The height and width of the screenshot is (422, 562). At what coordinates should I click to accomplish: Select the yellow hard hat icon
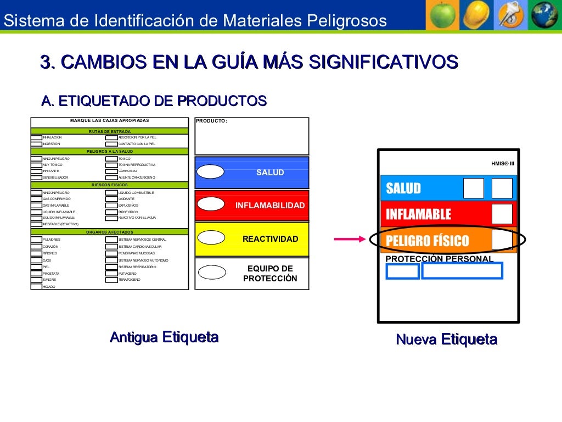point(475,15)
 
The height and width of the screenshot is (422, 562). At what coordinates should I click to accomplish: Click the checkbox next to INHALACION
point(36,137)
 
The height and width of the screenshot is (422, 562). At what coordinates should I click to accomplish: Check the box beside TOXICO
point(111,158)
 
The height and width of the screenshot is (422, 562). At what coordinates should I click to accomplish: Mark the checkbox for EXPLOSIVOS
point(111,205)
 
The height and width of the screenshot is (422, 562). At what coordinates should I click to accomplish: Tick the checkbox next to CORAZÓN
point(36,247)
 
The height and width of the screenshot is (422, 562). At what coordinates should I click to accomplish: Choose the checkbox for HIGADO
point(36,286)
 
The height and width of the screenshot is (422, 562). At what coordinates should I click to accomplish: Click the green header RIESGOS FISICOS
point(110,185)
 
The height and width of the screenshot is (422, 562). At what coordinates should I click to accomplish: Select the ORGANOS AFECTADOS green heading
point(110,232)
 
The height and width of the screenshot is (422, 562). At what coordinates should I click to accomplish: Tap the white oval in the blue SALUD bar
point(210,172)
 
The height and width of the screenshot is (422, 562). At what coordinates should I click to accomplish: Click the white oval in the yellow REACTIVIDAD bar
point(210,238)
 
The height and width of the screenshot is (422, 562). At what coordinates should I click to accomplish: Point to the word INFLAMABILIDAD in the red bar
point(269,206)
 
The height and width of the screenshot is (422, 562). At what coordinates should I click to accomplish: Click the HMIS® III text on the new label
point(502,163)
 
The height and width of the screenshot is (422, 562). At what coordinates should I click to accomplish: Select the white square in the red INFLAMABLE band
point(502,214)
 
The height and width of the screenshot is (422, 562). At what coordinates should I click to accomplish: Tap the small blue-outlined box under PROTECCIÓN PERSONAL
point(402,271)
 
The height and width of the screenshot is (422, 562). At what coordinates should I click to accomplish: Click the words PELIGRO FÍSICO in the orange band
point(428,241)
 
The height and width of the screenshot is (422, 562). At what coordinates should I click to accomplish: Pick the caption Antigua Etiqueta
point(164,337)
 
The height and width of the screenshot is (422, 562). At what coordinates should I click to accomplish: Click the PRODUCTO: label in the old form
point(211,121)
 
